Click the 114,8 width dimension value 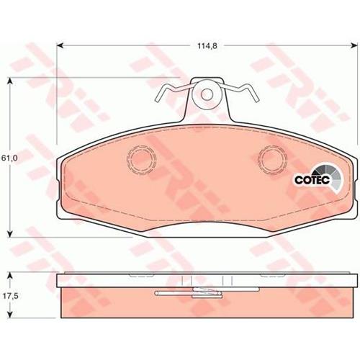point(207,46)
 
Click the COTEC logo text point(312,180)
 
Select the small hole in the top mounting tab point(207,94)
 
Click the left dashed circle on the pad point(141,159)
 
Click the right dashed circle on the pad point(274,159)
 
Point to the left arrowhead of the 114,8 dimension point(60,45)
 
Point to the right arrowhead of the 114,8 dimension point(354,45)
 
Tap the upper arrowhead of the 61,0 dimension point(10,81)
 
